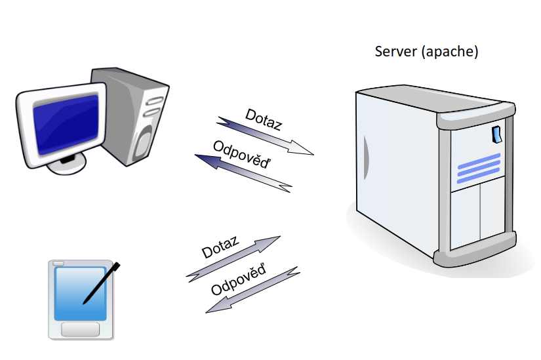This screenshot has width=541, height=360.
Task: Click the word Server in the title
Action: click(x=395, y=51)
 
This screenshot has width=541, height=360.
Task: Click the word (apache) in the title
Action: click(x=450, y=52)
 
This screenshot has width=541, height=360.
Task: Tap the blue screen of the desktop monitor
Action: click(x=66, y=125)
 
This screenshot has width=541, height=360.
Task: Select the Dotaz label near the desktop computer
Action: click(x=264, y=120)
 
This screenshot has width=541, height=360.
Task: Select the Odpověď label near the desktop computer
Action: click(x=242, y=155)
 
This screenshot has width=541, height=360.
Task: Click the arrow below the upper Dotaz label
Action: click(x=265, y=136)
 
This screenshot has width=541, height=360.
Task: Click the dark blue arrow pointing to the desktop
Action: click(x=243, y=173)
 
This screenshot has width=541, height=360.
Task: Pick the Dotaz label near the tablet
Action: click(x=220, y=247)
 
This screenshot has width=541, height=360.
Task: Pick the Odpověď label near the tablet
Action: click(x=239, y=280)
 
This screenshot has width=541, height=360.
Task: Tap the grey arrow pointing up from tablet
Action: click(x=233, y=259)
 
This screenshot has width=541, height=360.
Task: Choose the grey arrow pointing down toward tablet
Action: click(x=253, y=290)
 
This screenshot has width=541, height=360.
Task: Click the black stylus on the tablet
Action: click(x=102, y=283)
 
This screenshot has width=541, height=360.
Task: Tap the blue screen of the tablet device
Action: click(x=80, y=294)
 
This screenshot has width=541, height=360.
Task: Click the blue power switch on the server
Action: click(x=496, y=134)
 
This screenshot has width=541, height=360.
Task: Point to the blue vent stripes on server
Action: click(x=479, y=169)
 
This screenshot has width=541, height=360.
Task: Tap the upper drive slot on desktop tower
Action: click(x=154, y=101)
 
